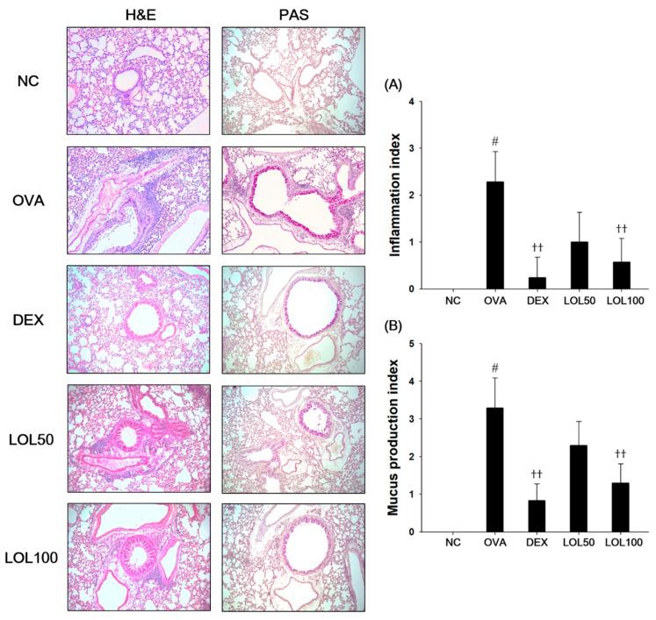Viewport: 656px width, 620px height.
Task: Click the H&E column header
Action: (x=137, y=12)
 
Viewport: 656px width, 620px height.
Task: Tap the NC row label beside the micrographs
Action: (x=28, y=80)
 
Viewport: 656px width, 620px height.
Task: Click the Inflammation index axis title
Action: (x=393, y=196)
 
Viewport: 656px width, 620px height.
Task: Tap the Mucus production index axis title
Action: (x=393, y=438)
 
